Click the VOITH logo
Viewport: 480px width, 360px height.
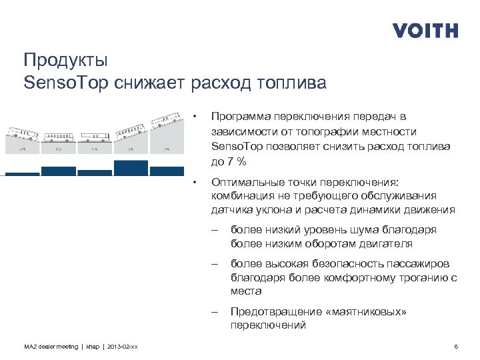click(x=425, y=31)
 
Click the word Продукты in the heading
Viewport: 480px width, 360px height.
click(x=65, y=61)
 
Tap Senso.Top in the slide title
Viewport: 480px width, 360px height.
click(x=65, y=83)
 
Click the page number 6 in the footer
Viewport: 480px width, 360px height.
click(x=456, y=347)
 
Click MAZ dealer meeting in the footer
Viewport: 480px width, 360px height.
click(x=50, y=347)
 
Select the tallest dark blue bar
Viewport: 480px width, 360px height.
click(x=130, y=167)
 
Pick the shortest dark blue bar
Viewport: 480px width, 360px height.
click(x=23, y=173)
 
